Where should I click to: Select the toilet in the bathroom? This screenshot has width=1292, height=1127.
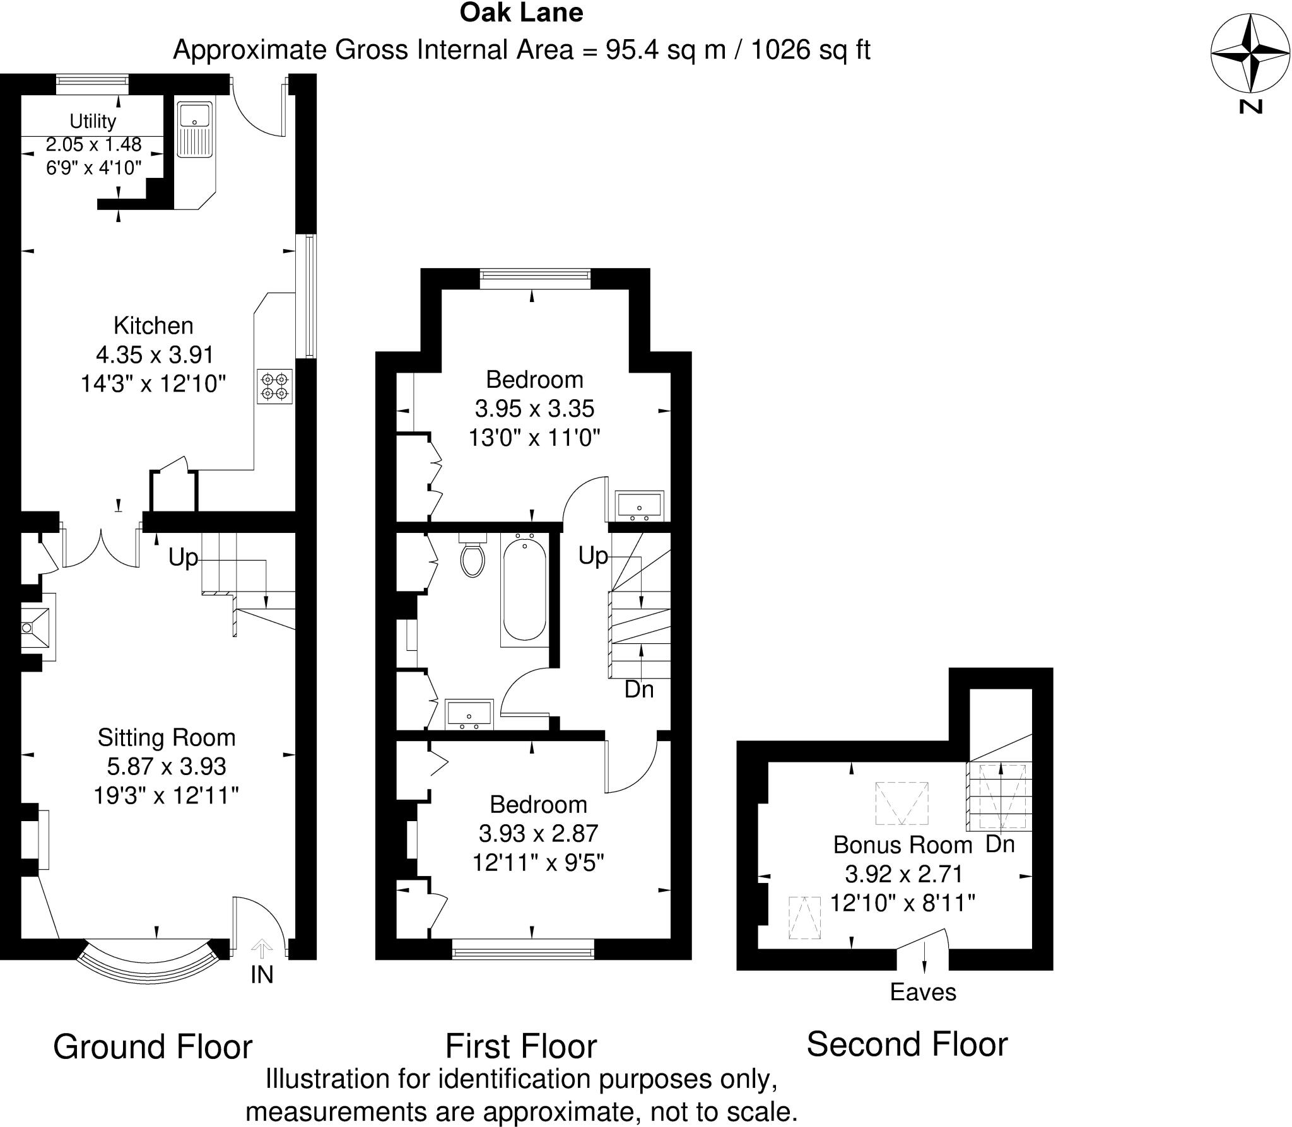(473, 557)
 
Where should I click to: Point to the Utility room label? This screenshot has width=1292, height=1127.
(93, 120)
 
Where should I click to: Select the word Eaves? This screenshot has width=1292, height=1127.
(923, 992)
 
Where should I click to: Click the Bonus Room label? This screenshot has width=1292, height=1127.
(902, 844)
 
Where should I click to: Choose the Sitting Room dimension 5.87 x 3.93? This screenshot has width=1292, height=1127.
(167, 766)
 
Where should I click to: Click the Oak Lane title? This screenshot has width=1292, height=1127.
(521, 13)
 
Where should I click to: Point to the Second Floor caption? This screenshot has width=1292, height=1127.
(907, 1044)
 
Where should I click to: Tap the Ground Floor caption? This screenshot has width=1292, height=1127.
(153, 1046)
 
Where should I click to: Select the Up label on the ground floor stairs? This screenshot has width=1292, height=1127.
(183, 558)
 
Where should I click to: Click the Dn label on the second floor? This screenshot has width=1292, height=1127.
(999, 844)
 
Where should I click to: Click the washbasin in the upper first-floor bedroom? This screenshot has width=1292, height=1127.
(640, 505)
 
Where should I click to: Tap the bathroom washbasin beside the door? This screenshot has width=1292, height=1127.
(469, 713)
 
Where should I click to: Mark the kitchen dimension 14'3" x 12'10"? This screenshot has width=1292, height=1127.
(153, 383)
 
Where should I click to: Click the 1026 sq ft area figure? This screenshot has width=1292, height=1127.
(811, 49)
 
